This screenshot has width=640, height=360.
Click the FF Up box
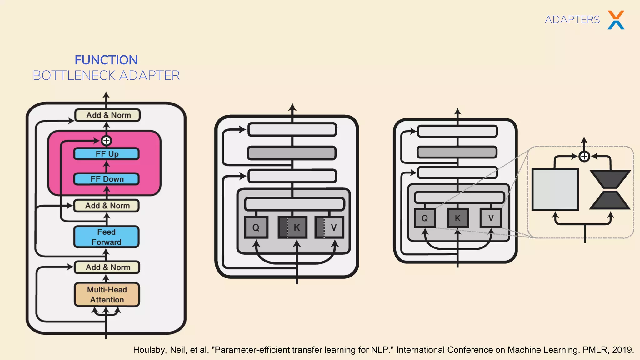pyautogui.click(x=107, y=154)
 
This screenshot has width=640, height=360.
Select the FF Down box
pyautogui.click(x=107, y=179)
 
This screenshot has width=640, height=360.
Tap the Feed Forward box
pyautogui.click(x=107, y=237)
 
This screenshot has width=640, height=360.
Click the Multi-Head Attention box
pyautogui.click(x=107, y=294)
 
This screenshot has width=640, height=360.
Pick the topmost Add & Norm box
pyautogui.click(x=108, y=115)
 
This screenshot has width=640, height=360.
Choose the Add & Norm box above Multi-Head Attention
pyautogui.click(x=107, y=267)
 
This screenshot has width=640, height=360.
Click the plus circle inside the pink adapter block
pyautogui.click(x=106, y=141)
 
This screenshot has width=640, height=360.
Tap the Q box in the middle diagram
pyautogui.click(x=256, y=227)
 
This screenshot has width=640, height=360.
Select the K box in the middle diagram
pyautogui.click(x=293, y=227)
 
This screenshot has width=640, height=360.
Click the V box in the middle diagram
pyautogui.click(x=330, y=227)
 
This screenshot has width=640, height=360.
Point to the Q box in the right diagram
pyautogui.click(x=425, y=218)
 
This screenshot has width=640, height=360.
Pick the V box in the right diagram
pyautogui.click(x=491, y=218)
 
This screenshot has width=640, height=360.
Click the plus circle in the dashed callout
pyautogui.click(x=584, y=156)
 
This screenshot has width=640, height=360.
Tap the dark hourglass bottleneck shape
pyautogui.click(x=610, y=189)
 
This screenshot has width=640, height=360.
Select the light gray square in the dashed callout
pyautogui.click(x=555, y=189)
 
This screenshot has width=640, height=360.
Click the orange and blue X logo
pyautogui.click(x=616, y=20)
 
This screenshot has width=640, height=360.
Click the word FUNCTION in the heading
pyautogui.click(x=106, y=60)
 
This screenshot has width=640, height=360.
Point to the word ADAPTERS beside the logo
pyautogui.click(x=572, y=20)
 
